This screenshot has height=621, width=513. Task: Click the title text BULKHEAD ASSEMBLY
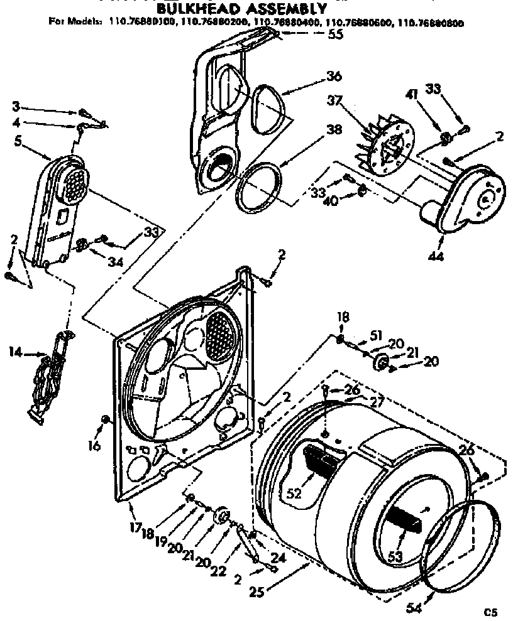coord(241,9)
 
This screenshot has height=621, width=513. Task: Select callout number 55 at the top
coord(336,35)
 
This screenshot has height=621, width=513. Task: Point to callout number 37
coord(334,100)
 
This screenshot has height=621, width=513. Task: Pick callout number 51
coord(375,335)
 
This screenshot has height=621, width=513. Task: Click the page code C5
coord(491,610)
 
